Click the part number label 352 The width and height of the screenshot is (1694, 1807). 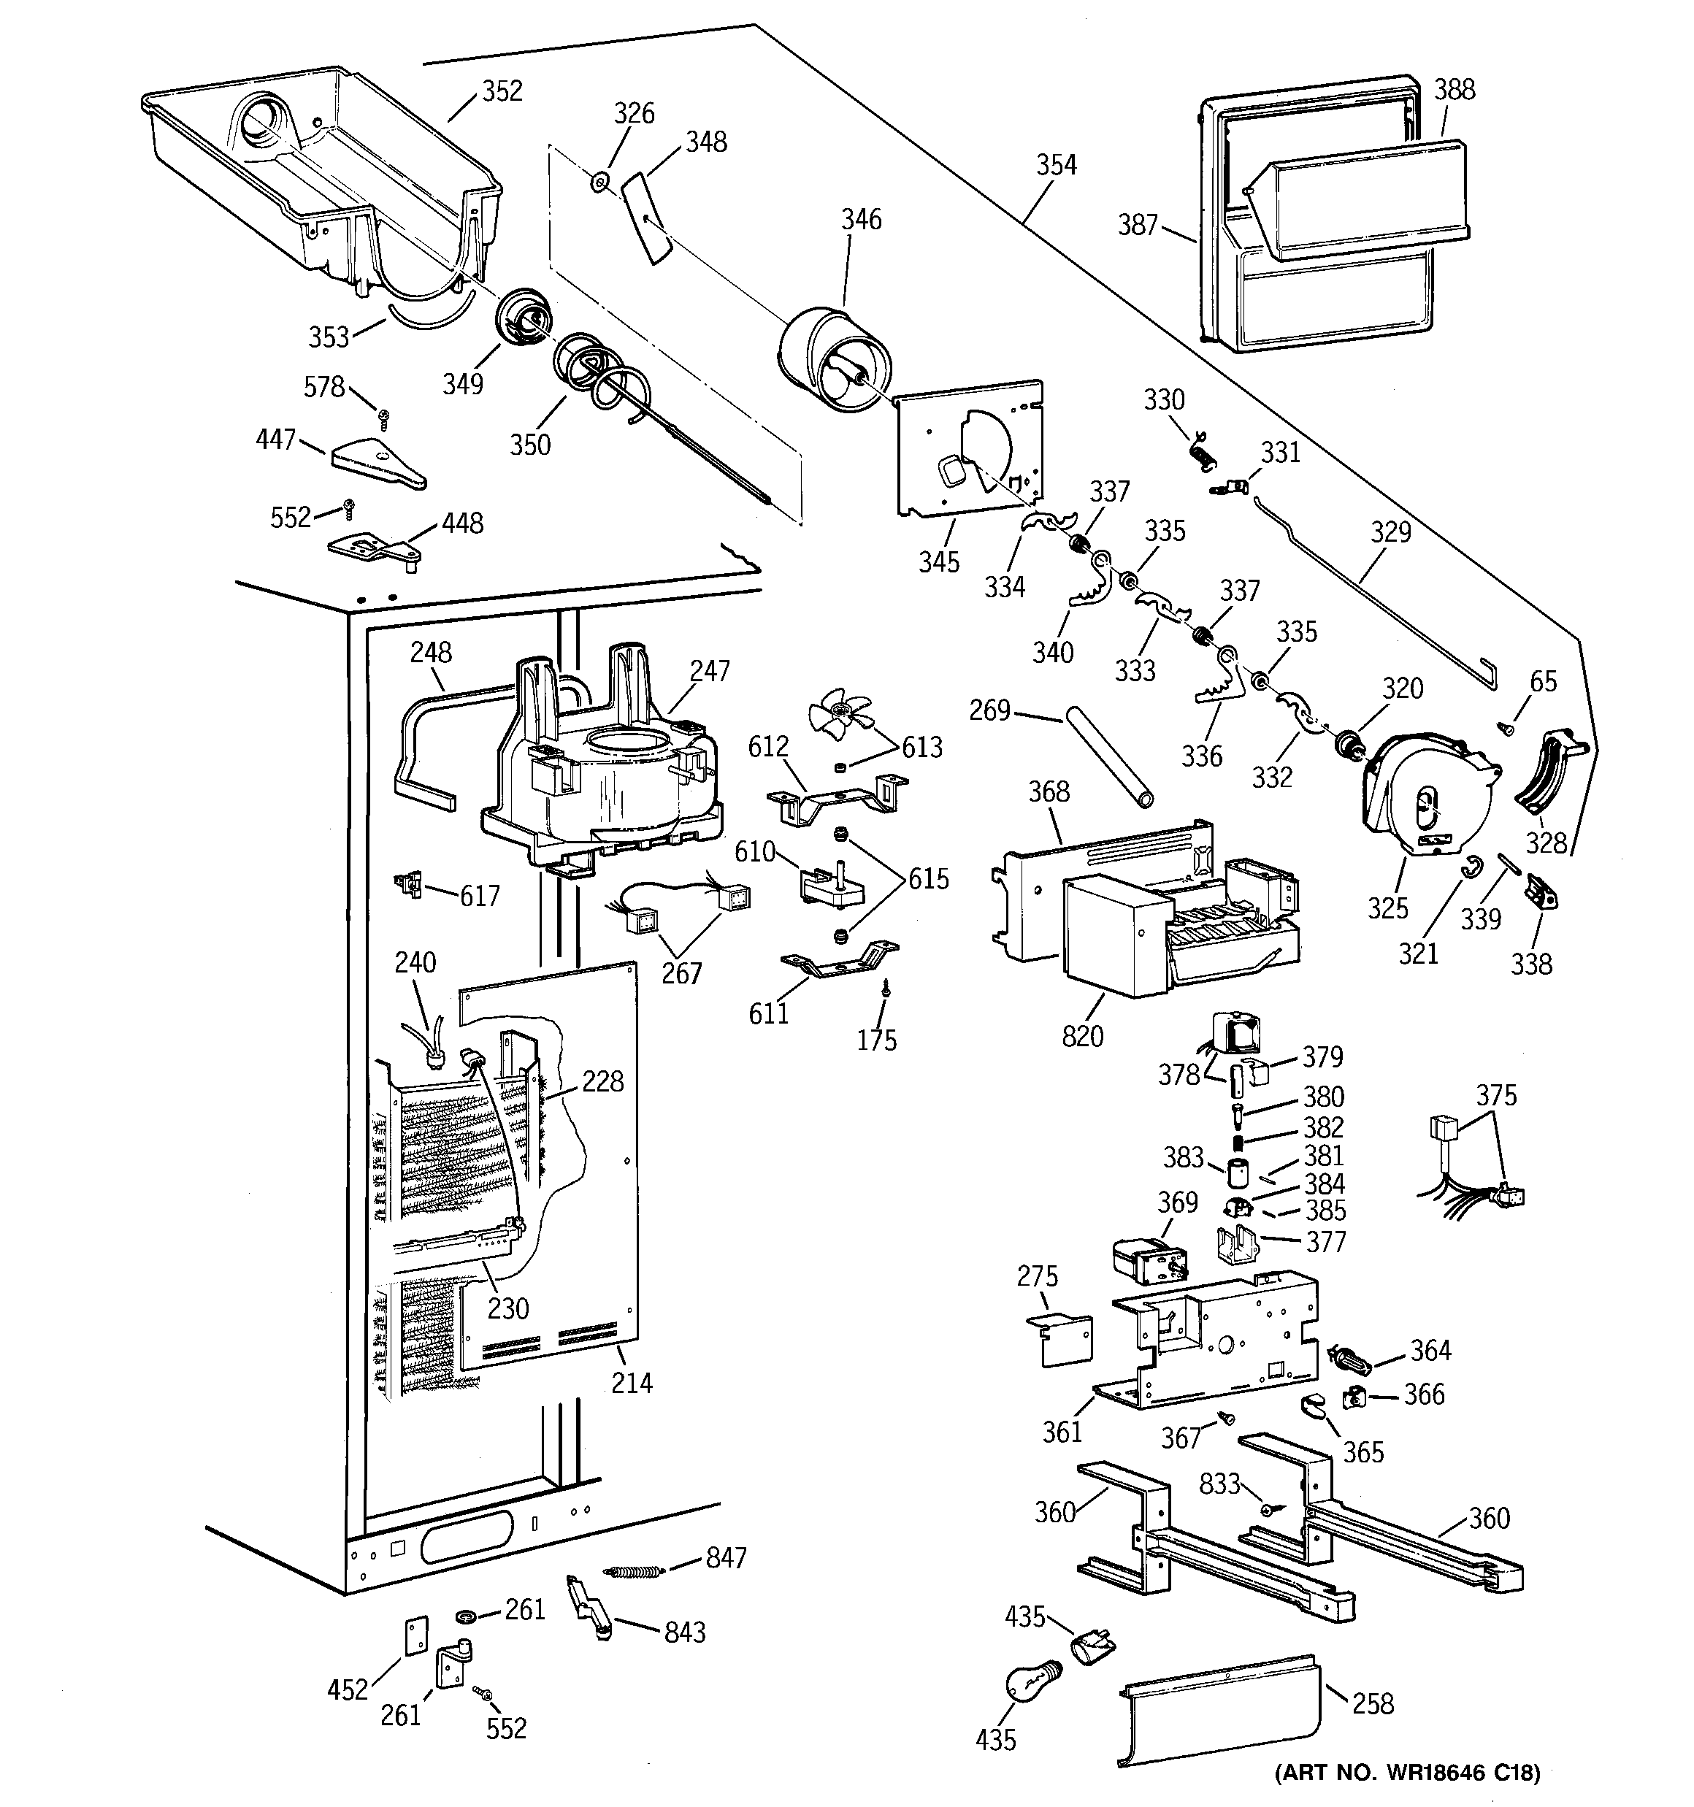coord(502,91)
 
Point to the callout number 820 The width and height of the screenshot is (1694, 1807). coord(1082,1035)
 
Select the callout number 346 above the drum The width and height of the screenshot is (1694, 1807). coord(860,219)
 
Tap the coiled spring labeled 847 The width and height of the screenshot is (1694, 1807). coord(635,1570)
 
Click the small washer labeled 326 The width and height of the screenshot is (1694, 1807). coord(599,183)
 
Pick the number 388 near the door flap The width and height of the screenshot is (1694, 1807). coord(1454,89)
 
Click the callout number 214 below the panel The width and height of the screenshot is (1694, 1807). coord(631,1383)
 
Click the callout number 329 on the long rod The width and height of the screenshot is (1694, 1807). coord(1390,532)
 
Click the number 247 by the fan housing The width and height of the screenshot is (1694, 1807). coord(709,671)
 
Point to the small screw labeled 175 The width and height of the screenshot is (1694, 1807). coord(886,994)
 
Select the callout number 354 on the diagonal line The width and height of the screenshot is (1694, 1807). coord(1056,164)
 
